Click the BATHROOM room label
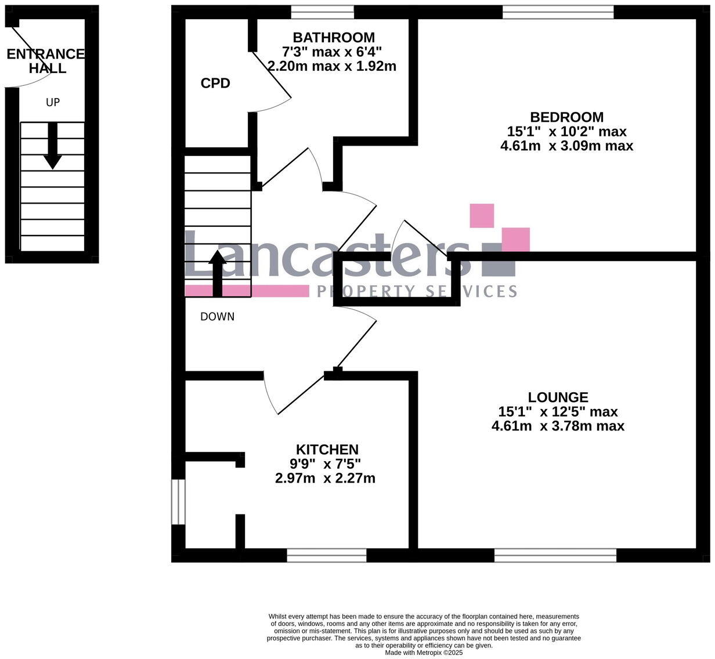tap(333, 38)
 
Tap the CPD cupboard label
tap(215, 84)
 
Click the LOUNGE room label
tap(558, 397)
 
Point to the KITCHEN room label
tap(327, 450)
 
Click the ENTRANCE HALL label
tap(45, 61)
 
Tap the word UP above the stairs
tap(53, 103)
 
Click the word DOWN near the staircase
tap(217, 317)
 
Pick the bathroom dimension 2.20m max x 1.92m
tap(332, 66)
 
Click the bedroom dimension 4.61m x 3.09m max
tap(566, 146)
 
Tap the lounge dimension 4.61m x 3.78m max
tap(558, 426)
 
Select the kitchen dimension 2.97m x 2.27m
tap(325, 479)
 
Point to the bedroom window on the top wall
tap(558, 12)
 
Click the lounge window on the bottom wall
tap(555, 556)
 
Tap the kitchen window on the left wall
tap(178, 501)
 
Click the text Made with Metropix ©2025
tap(424, 652)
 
